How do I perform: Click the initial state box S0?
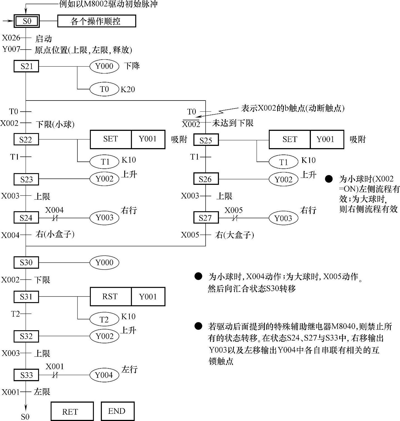[x=27, y=21]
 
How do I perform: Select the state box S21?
[x=26, y=66]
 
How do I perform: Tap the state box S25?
[x=206, y=140]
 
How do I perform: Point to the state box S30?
[x=26, y=262]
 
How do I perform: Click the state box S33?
[x=26, y=375]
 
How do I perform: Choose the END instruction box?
[x=117, y=411]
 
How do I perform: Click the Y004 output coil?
[x=104, y=375]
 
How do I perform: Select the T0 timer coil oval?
[x=104, y=89]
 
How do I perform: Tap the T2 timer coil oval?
[x=104, y=319]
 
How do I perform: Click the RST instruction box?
[x=110, y=297]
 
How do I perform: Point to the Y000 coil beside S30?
[x=104, y=262]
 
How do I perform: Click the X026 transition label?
[x=11, y=38]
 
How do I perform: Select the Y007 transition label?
[x=11, y=49]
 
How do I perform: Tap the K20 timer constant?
[x=128, y=89]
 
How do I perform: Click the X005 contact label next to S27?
[x=233, y=210]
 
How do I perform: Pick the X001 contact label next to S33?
[x=55, y=366]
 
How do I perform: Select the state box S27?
[x=206, y=217]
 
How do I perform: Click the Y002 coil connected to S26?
[x=283, y=179]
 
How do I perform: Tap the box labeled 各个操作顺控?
[x=96, y=21]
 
